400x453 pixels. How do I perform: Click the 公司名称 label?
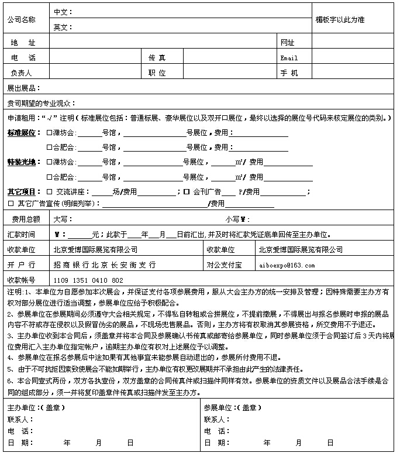[x=21, y=19]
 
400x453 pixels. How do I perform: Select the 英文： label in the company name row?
[x=63, y=27]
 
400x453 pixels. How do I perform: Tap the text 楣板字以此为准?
[x=340, y=19]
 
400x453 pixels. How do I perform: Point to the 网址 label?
[x=288, y=43]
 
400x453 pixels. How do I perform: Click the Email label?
[x=289, y=58]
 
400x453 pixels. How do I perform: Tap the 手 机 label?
[x=289, y=73]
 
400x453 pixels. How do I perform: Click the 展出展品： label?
[x=23, y=88]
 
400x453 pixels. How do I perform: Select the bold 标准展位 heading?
[x=22, y=132]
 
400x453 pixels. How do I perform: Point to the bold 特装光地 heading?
[x=22, y=162]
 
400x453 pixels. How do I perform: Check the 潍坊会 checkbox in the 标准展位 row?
[x=49, y=133]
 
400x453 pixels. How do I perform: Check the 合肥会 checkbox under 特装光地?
[x=49, y=177]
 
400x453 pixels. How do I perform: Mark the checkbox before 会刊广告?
[x=187, y=192]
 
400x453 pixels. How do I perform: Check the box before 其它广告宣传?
[x=11, y=204]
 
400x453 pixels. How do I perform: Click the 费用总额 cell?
[x=26, y=219]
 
